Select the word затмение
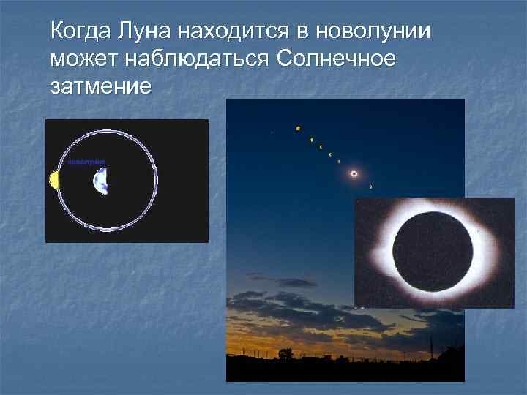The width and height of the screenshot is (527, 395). [100, 86]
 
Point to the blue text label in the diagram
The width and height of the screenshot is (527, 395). [87, 161]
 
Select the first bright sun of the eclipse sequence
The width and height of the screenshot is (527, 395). [298, 129]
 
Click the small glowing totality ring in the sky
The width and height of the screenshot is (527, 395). [354, 173]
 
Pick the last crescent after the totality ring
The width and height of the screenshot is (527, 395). [370, 187]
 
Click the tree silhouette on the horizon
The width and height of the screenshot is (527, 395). [285, 353]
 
